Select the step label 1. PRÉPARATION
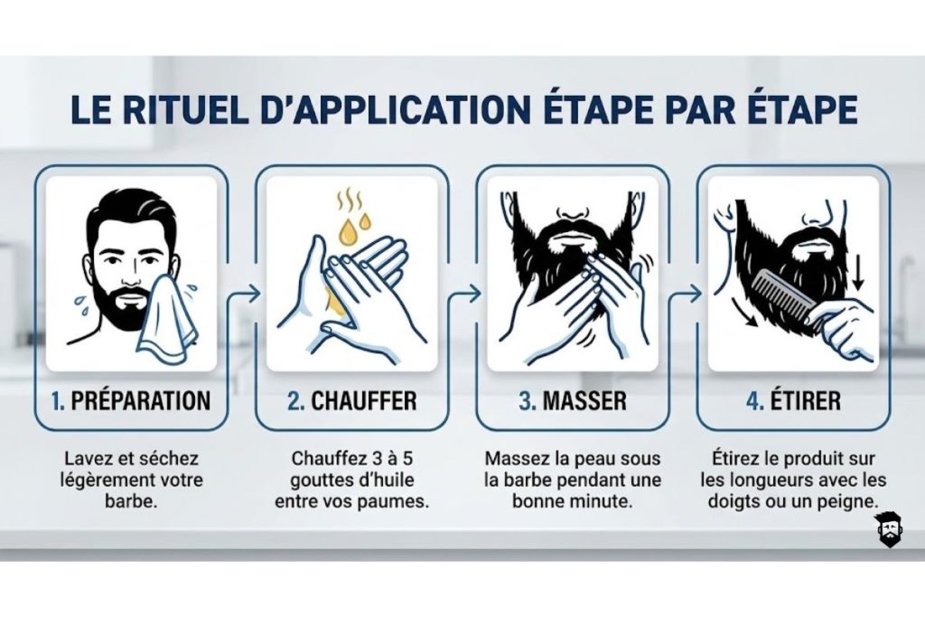point(131,400)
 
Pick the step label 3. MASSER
point(573,400)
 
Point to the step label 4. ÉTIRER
point(792,400)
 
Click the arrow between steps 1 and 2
point(242,294)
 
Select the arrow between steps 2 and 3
point(462,294)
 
